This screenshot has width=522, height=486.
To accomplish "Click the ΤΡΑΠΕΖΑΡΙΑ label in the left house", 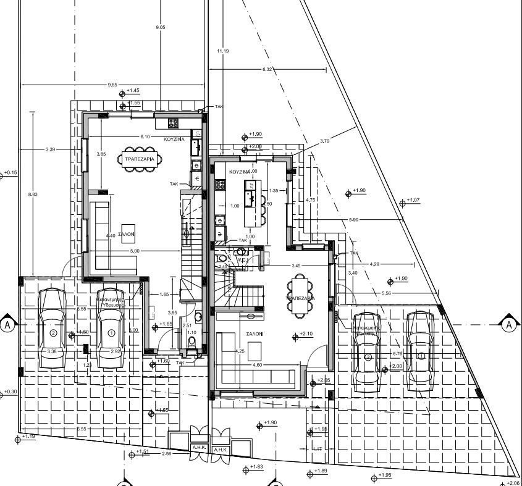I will (140, 159).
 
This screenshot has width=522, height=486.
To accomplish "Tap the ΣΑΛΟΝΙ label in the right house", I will (255, 333).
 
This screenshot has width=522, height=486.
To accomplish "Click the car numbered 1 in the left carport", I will (112, 329).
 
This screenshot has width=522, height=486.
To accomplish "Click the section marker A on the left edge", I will (7, 324).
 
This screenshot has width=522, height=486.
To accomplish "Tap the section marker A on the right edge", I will (509, 324).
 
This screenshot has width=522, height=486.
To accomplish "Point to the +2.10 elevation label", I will (307, 334).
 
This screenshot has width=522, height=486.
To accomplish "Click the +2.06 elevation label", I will (513, 483).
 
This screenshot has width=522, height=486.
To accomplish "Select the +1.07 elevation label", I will (413, 200).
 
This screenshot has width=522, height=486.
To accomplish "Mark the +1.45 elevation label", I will (133, 91).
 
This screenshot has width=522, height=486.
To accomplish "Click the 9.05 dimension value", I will (161, 28).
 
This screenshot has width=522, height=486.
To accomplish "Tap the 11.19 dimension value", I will (223, 51).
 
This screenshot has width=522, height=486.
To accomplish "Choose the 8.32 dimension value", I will (267, 69).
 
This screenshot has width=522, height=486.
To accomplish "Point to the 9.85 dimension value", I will (112, 84).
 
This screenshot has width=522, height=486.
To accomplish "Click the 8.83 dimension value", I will (33, 194).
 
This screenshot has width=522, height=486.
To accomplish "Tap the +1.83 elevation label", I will (256, 467).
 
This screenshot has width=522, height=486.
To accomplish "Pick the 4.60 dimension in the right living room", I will (258, 364).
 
